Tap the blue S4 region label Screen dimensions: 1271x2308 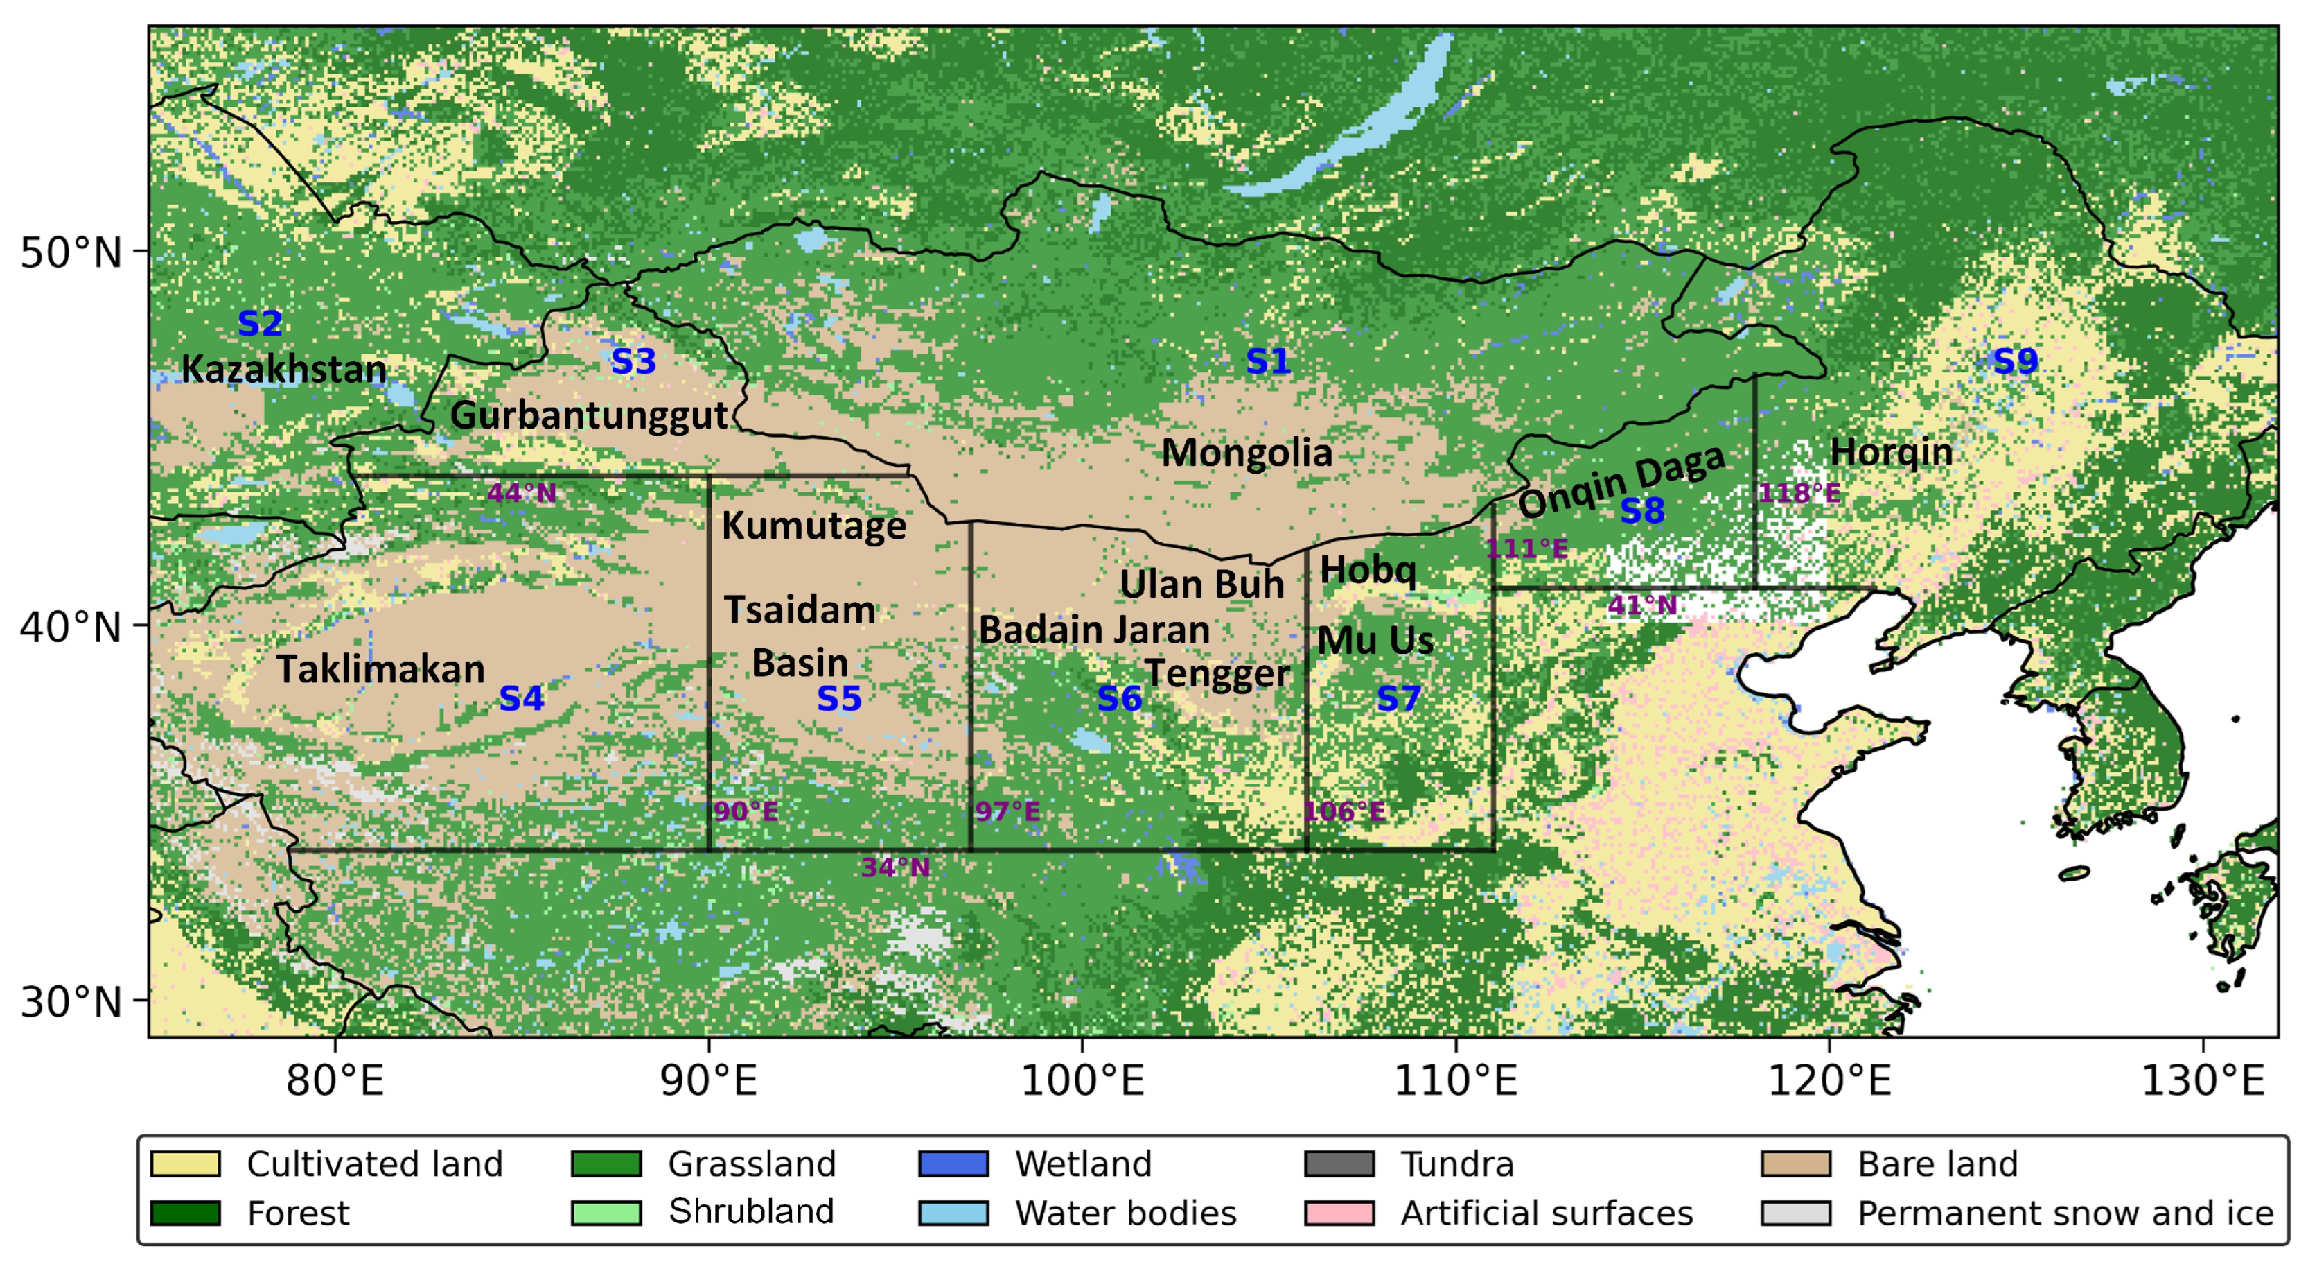pos(522,698)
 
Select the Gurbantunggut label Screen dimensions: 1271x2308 pos(589,415)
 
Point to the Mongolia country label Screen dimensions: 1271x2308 pos(1247,453)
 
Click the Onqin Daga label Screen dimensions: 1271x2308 pos(1621,481)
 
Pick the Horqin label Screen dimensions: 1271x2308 pos(1890,452)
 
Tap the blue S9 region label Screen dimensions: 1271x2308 pos(2016,361)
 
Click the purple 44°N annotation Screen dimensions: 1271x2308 pos(522,493)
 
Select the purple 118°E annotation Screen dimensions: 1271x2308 pos(1799,493)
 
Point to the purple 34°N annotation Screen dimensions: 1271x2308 pos(895,867)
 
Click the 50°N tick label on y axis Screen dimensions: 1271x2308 pos(70,253)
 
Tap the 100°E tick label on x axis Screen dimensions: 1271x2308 pos(1082,1081)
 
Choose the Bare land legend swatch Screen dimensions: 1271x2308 pos(1795,1164)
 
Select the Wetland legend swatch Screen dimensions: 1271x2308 pos(953,1164)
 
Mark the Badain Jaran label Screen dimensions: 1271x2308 pos(1094,630)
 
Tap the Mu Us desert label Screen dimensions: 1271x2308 pos(1375,640)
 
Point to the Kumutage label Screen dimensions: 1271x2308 pos(813,526)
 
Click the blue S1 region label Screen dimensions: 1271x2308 pos(1268,361)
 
